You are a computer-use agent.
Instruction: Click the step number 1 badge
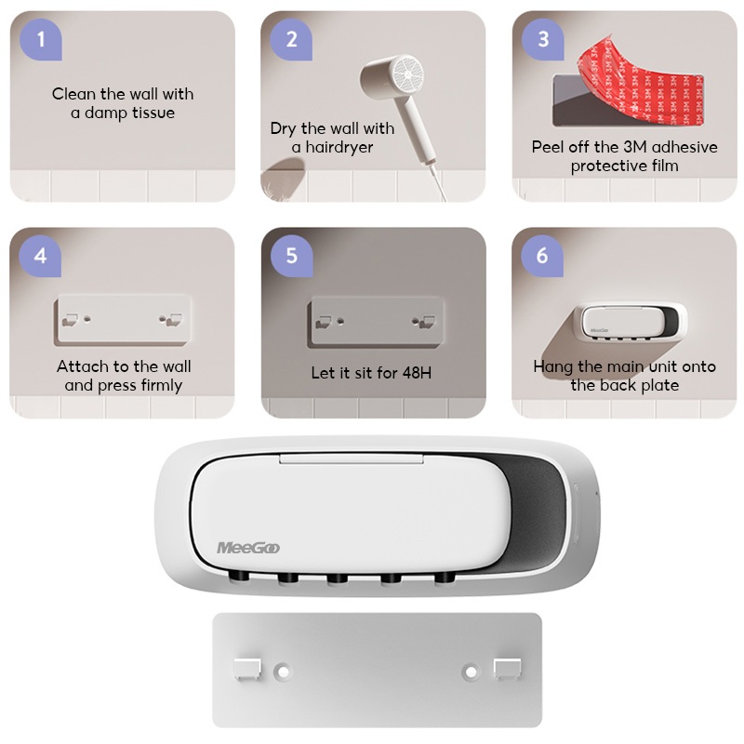point(41,39)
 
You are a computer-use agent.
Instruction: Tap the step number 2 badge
point(291,39)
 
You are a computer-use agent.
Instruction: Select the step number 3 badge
point(543,39)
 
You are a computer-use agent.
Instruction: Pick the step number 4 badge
point(40,256)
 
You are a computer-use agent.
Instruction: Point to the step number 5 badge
point(291,256)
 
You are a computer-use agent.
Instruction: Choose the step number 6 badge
point(542,256)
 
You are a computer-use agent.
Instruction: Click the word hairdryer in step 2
point(339,147)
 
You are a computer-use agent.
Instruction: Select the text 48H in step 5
point(417,373)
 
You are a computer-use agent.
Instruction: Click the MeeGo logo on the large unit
point(248,548)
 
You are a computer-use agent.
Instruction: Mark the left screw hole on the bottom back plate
point(284,671)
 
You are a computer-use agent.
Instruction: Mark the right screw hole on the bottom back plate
point(471,671)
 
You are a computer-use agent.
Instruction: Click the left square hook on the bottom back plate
point(247,669)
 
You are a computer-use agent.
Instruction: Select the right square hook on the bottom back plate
point(507,669)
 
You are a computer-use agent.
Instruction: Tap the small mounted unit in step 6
point(631,321)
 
